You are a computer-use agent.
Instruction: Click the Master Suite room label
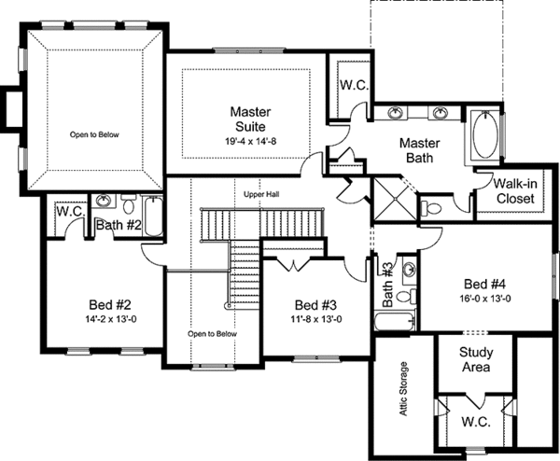(250, 119)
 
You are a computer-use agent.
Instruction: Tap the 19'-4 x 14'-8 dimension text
(250, 142)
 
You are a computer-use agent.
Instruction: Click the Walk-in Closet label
(515, 191)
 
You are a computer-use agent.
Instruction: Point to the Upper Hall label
(261, 195)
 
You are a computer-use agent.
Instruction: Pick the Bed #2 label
(110, 305)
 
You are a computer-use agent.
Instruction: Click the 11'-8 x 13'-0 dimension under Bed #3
(316, 319)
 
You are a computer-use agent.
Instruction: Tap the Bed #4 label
(485, 285)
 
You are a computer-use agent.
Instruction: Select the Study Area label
(476, 359)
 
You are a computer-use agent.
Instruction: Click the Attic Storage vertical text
(403, 389)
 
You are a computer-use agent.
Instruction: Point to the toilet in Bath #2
(128, 203)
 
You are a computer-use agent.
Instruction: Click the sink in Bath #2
(104, 201)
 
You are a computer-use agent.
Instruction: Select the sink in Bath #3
(410, 268)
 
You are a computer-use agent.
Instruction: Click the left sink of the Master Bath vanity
(396, 113)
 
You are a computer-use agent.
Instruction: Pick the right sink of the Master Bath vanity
(441, 113)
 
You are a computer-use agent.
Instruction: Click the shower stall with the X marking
(395, 199)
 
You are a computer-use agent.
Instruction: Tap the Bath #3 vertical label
(387, 285)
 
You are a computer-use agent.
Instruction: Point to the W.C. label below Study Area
(476, 422)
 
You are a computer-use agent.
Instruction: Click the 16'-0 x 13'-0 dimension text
(485, 299)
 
